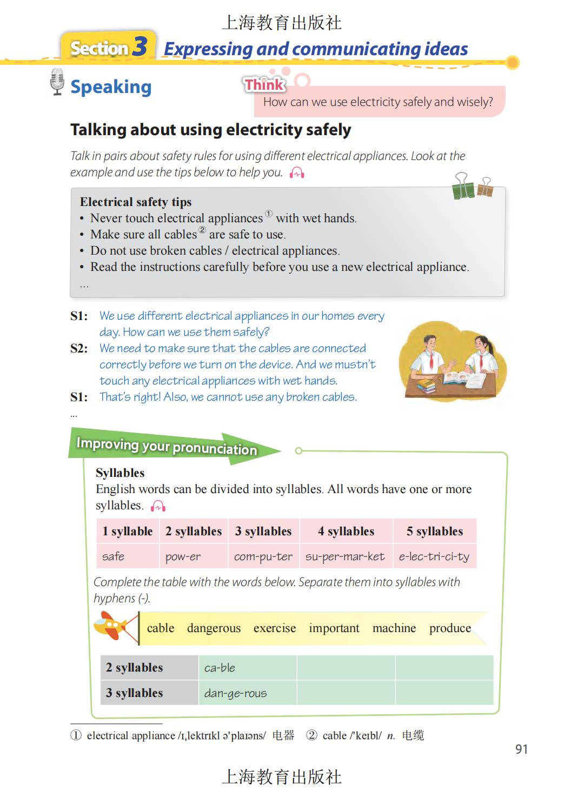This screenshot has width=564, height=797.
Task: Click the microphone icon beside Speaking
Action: pyautogui.click(x=57, y=82)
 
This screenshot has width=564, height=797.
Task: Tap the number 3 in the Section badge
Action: pyautogui.click(x=140, y=47)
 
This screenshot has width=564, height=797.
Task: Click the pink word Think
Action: pyautogui.click(x=264, y=84)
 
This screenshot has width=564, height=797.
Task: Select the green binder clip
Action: pyautogui.click(x=463, y=187)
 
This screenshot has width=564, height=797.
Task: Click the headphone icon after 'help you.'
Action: pyautogui.click(x=297, y=173)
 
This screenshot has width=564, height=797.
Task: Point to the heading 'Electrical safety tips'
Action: pyautogui.click(x=136, y=202)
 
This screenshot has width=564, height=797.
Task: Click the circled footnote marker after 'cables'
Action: pyautogui.click(x=202, y=230)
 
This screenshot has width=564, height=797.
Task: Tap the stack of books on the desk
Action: pyautogui.click(x=426, y=386)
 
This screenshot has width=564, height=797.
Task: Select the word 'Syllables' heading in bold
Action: pyautogui.click(x=120, y=473)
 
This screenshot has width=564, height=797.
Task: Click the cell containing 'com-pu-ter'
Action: pyautogui.click(x=263, y=556)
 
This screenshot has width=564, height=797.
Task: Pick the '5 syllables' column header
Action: pyautogui.click(x=435, y=531)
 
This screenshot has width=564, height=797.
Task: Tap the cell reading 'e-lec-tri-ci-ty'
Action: pyautogui.click(x=434, y=556)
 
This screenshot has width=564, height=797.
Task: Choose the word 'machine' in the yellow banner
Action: pyautogui.click(x=394, y=628)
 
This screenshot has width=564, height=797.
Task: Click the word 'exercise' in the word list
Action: pyautogui.click(x=275, y=628)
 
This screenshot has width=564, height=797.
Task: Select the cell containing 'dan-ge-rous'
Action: pyautogui.click(x=236, y=693)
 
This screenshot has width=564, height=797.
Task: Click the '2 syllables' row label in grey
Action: pyautogui.click(x=135, y=667)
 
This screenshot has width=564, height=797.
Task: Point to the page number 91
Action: pyautogui.click(x=521, y=749)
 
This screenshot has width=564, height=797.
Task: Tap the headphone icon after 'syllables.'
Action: pyautogui.click(x=158, y=506)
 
